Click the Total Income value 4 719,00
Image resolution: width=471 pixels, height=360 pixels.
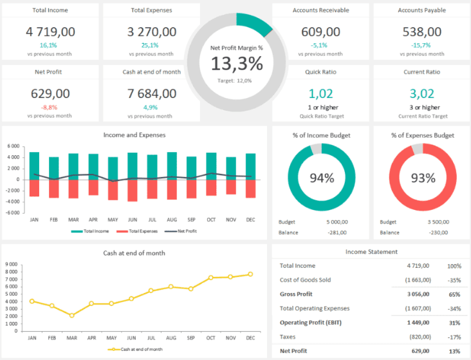(x=50, y=32)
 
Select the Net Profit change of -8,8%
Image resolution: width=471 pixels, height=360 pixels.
(x=50, y=107)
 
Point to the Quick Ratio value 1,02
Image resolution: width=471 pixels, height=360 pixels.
(x=320, y=93)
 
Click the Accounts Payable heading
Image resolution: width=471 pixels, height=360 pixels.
(x=421, y=10)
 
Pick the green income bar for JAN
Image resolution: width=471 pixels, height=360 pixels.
(x=34, y=166)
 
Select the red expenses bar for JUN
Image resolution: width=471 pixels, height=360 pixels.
(x=133, y=191)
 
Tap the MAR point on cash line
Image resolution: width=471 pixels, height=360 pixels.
(x=72, y=316)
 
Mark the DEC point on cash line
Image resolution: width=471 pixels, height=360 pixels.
(x=250, y=274)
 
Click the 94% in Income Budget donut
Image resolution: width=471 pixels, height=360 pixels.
(x=321, y=178)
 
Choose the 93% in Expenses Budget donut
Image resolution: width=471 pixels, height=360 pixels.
(x=423, y=178)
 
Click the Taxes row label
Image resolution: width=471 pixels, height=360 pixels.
(x=288, y=337)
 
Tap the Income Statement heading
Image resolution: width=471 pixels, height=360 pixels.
(x=371, y=252)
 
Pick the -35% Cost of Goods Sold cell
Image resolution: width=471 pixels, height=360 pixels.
(x=454, y=280)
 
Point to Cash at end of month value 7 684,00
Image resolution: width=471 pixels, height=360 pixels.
(x=151, y=93)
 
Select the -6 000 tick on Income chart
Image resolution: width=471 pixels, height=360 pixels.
(x=14, y=212)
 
